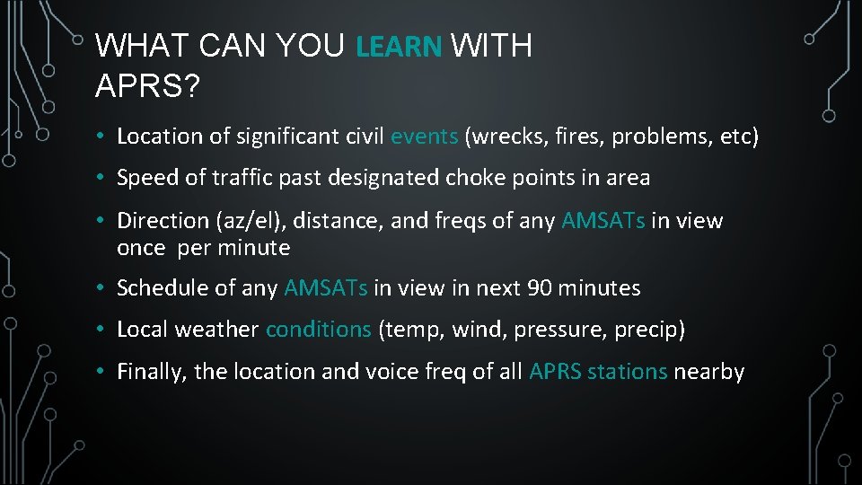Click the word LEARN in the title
click(400, 47)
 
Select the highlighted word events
click(425, 137)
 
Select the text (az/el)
click(237, 221)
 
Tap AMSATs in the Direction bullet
click(603, 221)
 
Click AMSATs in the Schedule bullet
click(326, 288)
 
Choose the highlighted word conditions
click(318, 330)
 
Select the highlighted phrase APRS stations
click(598, 372)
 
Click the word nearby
click(709, 372)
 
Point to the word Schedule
click(162, 288)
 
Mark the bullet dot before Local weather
click(104, 330)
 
